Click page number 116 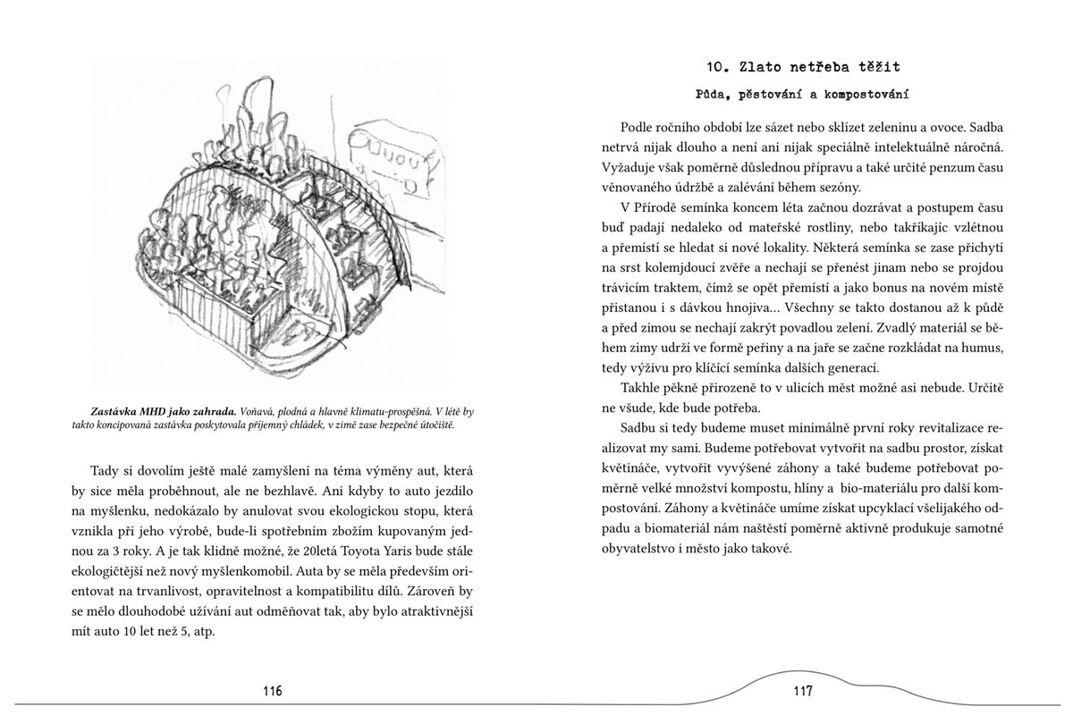pyautogui.click(x=273, y=690)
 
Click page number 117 pyautogui.click(x=801, y=690)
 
